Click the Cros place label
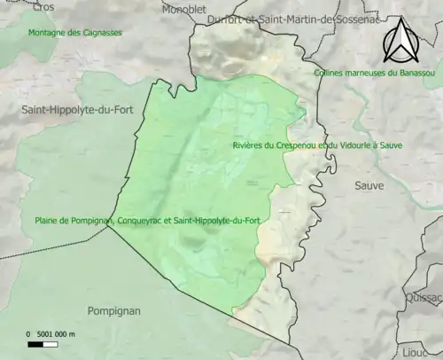tap(43, 6)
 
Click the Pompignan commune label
tap(115, 310)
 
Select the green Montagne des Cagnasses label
tap(74, 32)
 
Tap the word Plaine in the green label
tap(49, 220)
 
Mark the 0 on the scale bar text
tap(28, 333)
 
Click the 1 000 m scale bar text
tap(60, 333)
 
